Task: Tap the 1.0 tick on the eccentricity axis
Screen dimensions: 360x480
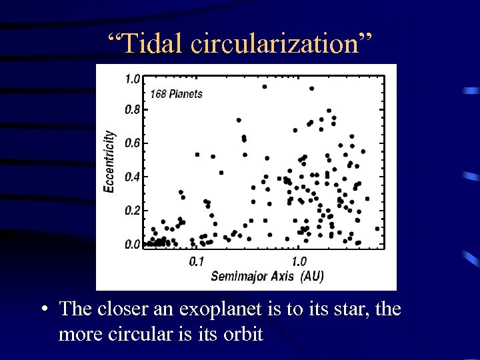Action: pyautogui.click(x=132, y=79)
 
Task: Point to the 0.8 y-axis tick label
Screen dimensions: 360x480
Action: pyautogui.click(x=132, y=109)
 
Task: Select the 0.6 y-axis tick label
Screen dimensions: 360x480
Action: pyautogui.click(x=132, y=143)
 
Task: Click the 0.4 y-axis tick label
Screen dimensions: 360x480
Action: pyautogui.click(x=132, y=177)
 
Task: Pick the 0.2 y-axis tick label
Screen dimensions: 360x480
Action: pyautogui.click(x=132, y=211)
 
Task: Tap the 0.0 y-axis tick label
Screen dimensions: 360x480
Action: pyautogui.click(x=132, y=245)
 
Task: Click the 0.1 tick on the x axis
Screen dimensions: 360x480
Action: pyautogui.click(x=197, y=261)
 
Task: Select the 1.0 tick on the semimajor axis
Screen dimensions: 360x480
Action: pyautogui.click(x=299, y=261)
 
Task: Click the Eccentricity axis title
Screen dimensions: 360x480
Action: pyautogui.click(x=109, y=162)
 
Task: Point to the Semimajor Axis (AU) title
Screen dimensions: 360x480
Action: pyautogui.click(x=267, y=276)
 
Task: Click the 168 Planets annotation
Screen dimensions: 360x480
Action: pyautogui.click(x=176, y=94)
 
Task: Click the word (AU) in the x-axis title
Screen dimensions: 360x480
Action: pyautogui.click(x=311, y=276)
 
